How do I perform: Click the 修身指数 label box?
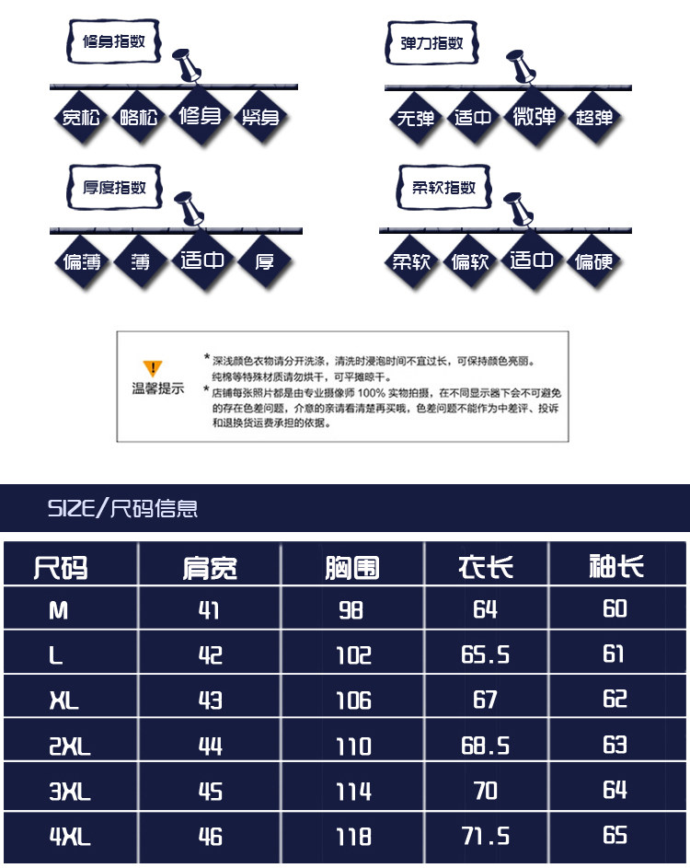[114, 41]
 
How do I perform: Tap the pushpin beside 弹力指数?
[521, 66]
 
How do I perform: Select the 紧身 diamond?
[260, 117]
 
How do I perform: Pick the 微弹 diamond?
[534, 116]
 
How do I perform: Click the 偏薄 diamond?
[82, 261]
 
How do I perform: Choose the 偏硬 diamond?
[593, 261]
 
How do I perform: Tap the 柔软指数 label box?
[443, 187]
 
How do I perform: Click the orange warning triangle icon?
[153, 368]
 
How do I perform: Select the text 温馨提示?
[157, 388]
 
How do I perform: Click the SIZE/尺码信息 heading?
[123, 508]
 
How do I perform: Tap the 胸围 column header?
[352, 567]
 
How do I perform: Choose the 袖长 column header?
[616, 566]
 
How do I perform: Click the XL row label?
[64, 700]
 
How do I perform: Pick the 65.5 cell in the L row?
[485, 654]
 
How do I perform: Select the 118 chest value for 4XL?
[354, 837]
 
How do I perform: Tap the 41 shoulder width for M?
[209, 610]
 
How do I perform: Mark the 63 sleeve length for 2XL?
[615, 745]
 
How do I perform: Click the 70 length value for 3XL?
[485, 791]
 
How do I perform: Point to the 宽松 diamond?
[81, 117]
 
